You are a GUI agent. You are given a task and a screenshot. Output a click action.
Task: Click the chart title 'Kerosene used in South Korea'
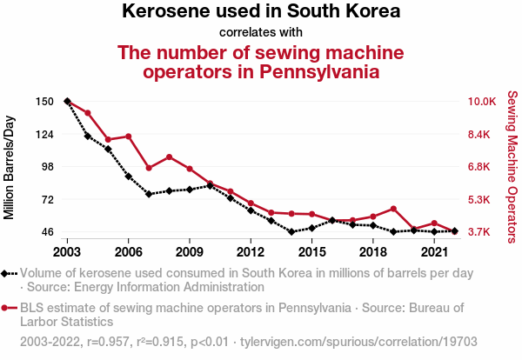point(261,12)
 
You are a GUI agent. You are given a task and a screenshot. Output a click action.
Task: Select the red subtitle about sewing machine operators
point(261,62)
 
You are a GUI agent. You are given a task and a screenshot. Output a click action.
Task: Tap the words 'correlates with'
point(261,33)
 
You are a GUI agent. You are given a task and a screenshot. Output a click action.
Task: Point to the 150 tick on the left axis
point(45,102)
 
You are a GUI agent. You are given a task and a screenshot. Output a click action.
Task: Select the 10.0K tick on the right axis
point(481,102)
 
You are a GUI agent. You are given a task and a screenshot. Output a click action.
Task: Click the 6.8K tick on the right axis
point(481,167)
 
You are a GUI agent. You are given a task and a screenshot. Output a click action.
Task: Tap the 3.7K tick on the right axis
point(481,232)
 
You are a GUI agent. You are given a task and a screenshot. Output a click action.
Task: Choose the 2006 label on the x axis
point(129,252)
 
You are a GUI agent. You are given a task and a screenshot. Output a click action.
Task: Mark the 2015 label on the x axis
point(311,252)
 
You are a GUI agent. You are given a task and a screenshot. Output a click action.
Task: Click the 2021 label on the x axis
point(434,252)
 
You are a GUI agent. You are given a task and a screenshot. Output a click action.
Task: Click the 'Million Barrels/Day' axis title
point(10,166)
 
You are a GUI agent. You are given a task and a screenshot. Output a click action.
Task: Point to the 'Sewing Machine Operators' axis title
point(512,166)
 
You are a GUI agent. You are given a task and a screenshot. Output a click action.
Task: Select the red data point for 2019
point(393,209)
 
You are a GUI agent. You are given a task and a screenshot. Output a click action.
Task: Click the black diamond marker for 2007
point(149,194)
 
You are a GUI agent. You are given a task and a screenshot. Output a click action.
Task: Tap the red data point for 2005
point(108,140)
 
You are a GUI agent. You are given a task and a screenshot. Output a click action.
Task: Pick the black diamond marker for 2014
point(291,232)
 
